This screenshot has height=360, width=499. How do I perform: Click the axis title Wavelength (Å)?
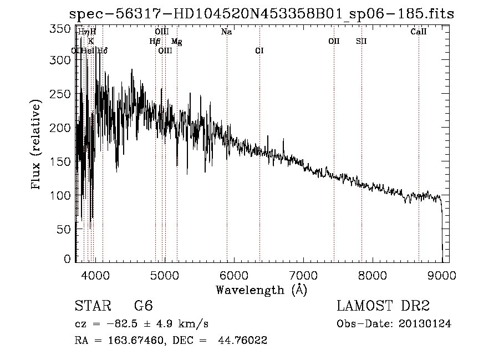(x=261, y=290)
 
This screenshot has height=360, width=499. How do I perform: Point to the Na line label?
(x=226, y=32)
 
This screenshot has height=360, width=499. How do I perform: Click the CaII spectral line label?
(x=419, y=32)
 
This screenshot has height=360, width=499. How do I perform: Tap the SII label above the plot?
(x=361, y=42)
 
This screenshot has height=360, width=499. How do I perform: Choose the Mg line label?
(x=176, y=42)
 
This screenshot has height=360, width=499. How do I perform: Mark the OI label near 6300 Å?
(x=259, y=51)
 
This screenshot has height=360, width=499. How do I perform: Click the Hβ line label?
(x=155, y=42)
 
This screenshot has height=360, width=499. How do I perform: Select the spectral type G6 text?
(x=144, y=307)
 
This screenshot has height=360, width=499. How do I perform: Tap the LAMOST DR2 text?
(x=383, y=307)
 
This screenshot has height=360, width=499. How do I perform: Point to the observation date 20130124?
(x=424, y=324)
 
